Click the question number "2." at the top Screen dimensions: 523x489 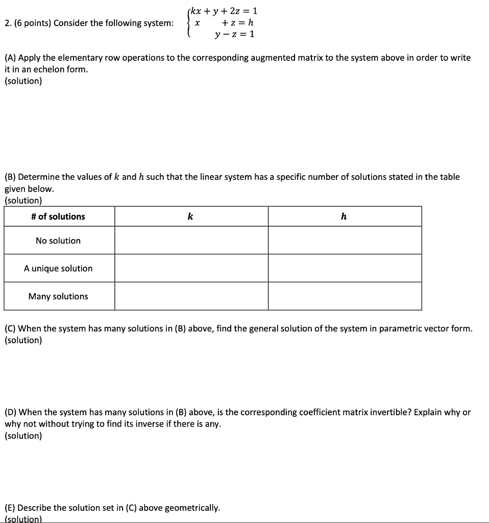tap(8, 23)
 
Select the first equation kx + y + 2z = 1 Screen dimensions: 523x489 tap(224, 11)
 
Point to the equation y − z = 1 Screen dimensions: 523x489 tap(234, 34)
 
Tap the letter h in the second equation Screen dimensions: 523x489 tap(250, 22)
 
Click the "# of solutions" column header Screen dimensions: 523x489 tap(58, 217)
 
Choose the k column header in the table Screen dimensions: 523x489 tap(190, 217)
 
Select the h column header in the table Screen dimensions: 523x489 tap(344, 217)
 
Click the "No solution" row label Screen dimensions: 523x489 tap(58, 241)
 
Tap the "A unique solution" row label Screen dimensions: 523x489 tap(58, 268)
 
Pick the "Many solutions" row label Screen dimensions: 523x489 tap(58, 296)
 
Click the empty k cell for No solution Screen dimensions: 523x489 tap(191, 241)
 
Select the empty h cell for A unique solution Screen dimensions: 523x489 tap(345, 268)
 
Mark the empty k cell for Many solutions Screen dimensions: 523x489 tap(191, 296)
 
